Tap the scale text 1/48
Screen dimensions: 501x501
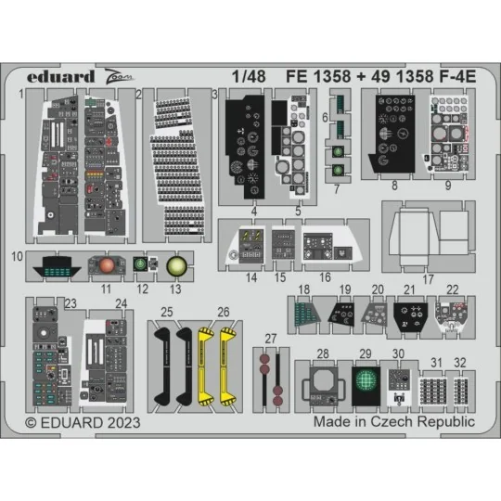tap(247, 81)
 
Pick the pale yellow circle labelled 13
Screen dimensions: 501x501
tap(175, 266)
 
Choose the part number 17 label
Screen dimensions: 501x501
tap(428, 278)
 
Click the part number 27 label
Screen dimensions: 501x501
tap(270, 338)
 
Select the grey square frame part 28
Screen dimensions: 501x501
tap(322, 382)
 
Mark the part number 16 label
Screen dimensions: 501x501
tap(325, 277)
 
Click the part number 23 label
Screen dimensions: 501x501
tap(71, 302)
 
